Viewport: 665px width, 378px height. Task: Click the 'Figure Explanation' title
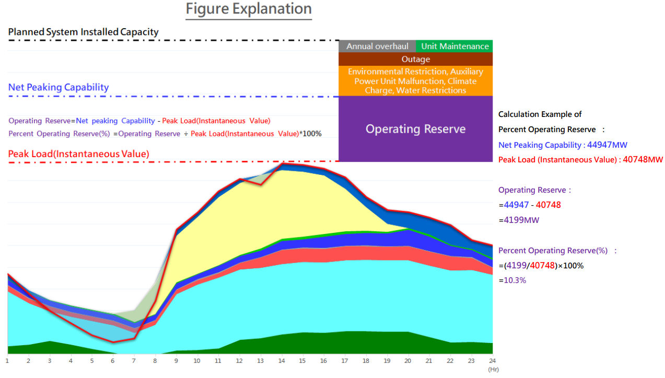tap(249, 9)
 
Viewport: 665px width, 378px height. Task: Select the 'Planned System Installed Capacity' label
tap(83, 32)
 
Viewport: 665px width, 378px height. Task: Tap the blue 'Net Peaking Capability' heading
tap(59, 87)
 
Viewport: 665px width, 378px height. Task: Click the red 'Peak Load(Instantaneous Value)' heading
tap(78, 154)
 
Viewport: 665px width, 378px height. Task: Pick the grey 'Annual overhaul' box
tap(377, 46)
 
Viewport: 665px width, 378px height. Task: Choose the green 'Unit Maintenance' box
tap(454, 46)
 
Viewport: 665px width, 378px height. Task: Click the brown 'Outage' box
tap(415, 60)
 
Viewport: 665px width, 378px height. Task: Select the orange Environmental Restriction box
tap(415, 81)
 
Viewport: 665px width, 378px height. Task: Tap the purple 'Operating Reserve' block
tap(415, 129)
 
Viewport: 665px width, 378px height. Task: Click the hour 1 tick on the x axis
tap(7, 361)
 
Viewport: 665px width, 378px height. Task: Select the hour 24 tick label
tap(492, 361)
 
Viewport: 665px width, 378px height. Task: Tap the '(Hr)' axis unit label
tap(493, 369)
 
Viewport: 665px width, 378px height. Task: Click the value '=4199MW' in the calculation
tap(519, 220)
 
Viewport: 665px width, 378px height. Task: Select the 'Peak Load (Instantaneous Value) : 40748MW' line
tap(580, 160)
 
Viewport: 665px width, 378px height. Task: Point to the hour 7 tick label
tap(134, 361)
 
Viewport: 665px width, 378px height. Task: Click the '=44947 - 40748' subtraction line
tap(530, 205)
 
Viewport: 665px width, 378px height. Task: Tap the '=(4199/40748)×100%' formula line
tap(541, 266)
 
